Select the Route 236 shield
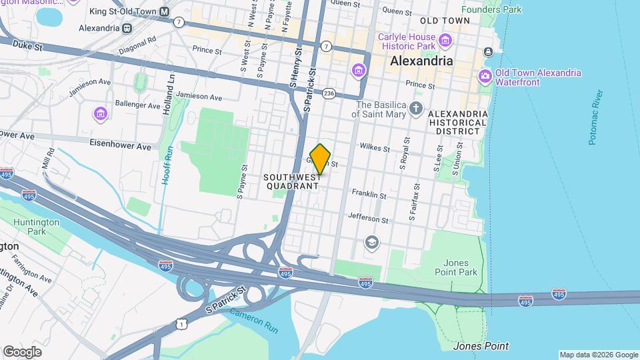[x=328, y=94]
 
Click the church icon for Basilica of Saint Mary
[x=417, y=109]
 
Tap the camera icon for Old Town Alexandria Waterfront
[x=485, y=77]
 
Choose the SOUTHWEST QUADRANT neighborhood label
[x=292, y=182]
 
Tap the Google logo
[x=22, y=351]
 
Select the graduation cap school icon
[x=372, y=243]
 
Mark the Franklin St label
[x=369, y=195]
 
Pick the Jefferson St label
[x=368, y=219]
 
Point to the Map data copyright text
[x=597, y=355]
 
